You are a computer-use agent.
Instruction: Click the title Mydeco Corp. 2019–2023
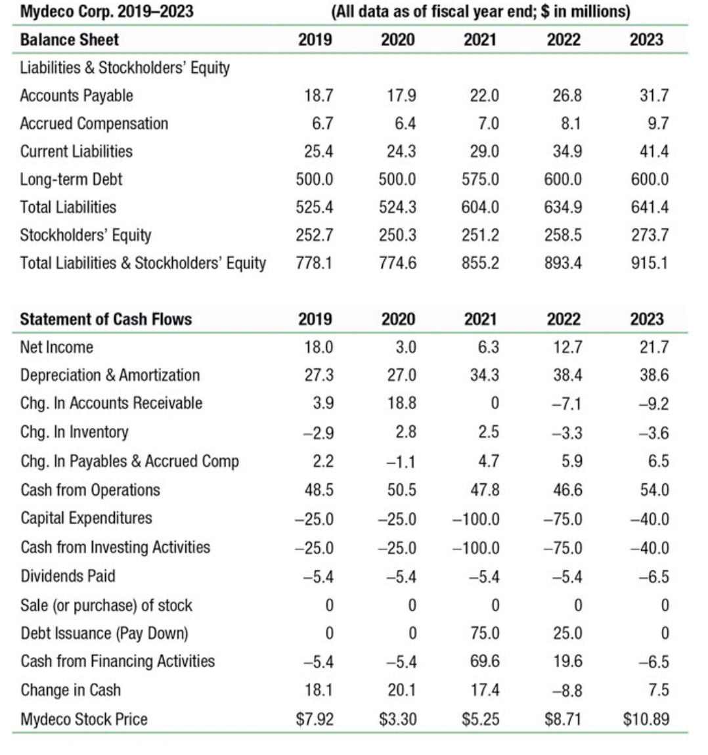(106, 11)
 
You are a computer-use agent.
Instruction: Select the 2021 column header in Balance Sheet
(480, 39)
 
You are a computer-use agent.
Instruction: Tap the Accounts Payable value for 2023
(654, 96)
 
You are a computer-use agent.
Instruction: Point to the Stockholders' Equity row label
(85, 235)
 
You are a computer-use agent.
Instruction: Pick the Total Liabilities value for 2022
(564, 207)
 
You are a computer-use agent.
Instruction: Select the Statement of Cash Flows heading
(106, 320)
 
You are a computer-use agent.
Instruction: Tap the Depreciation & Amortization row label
(110, 376)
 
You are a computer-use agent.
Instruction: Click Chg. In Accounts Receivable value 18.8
(401, 403)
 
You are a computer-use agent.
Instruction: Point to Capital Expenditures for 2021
(477, 519)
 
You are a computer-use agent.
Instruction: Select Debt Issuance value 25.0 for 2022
(567, 634)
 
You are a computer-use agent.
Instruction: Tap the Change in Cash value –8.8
(567, 691)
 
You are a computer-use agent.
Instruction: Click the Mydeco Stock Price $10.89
(646, 719)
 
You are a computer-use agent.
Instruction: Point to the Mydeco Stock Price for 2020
(398, 719)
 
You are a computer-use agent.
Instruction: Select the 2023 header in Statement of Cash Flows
(646, 320)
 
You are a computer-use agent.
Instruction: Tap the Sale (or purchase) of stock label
(106, 605)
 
